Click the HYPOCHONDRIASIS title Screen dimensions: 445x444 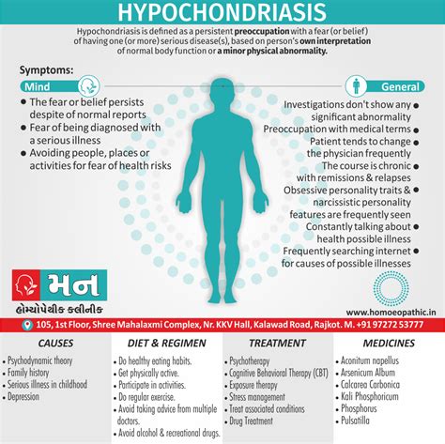(x=222, y=13)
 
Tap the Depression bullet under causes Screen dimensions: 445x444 (x=31, y=395)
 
